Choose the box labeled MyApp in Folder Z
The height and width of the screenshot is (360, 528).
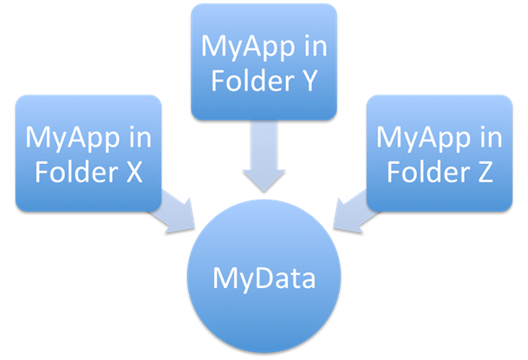[x=440, y=154]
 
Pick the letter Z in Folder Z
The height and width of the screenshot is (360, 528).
[x=485, y=170]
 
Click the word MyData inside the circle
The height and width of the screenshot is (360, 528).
[x=264, y=280]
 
